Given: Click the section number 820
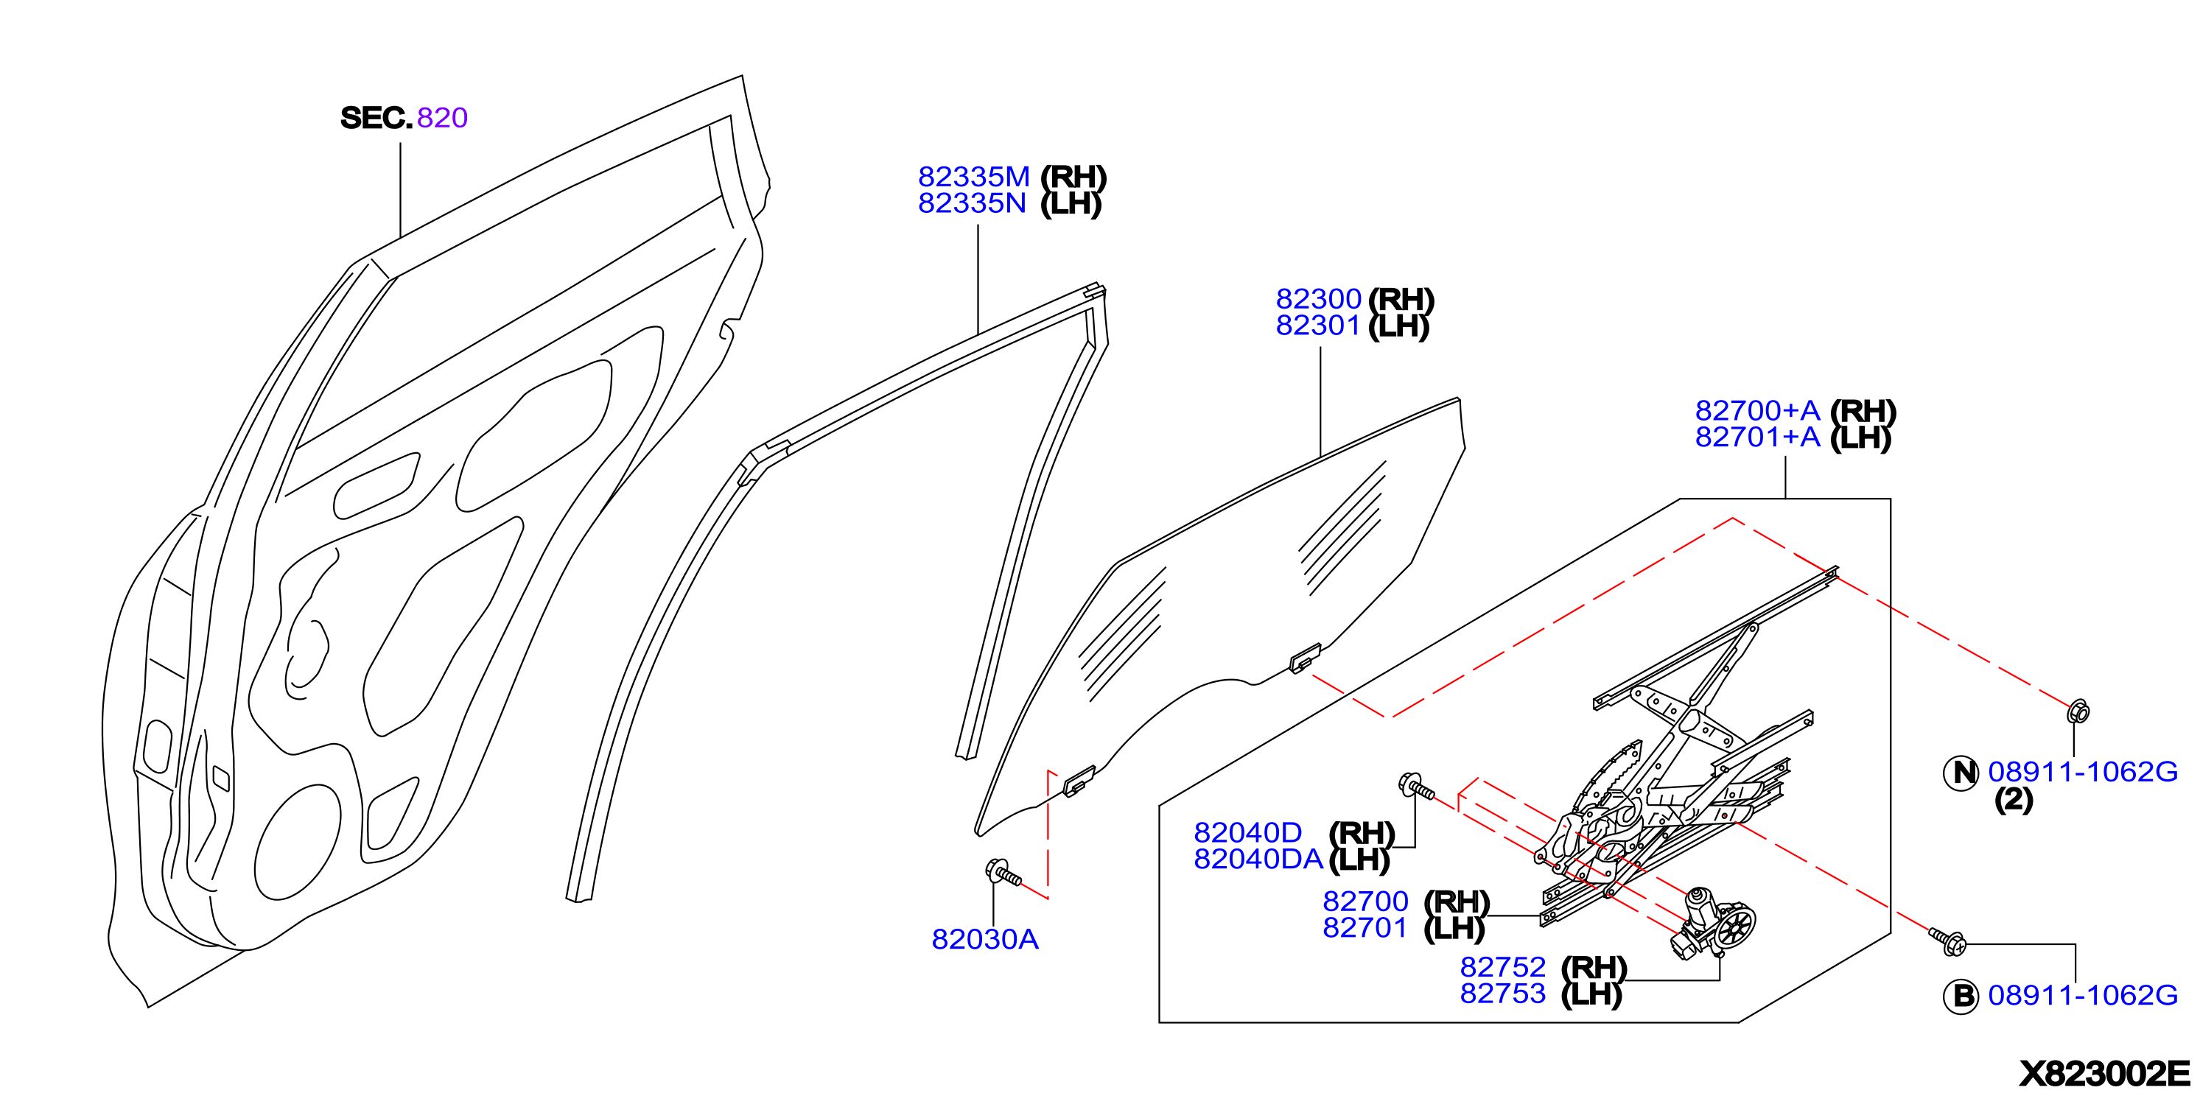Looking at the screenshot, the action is [442, 117].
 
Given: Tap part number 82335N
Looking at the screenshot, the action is [972, 203].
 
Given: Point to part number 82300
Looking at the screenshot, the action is [1318, 298].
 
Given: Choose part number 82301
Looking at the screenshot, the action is [1318, 325].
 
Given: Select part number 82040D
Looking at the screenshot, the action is [1248, 832].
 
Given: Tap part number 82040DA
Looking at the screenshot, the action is [1258, 858].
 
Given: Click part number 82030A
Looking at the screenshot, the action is [985, 938].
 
